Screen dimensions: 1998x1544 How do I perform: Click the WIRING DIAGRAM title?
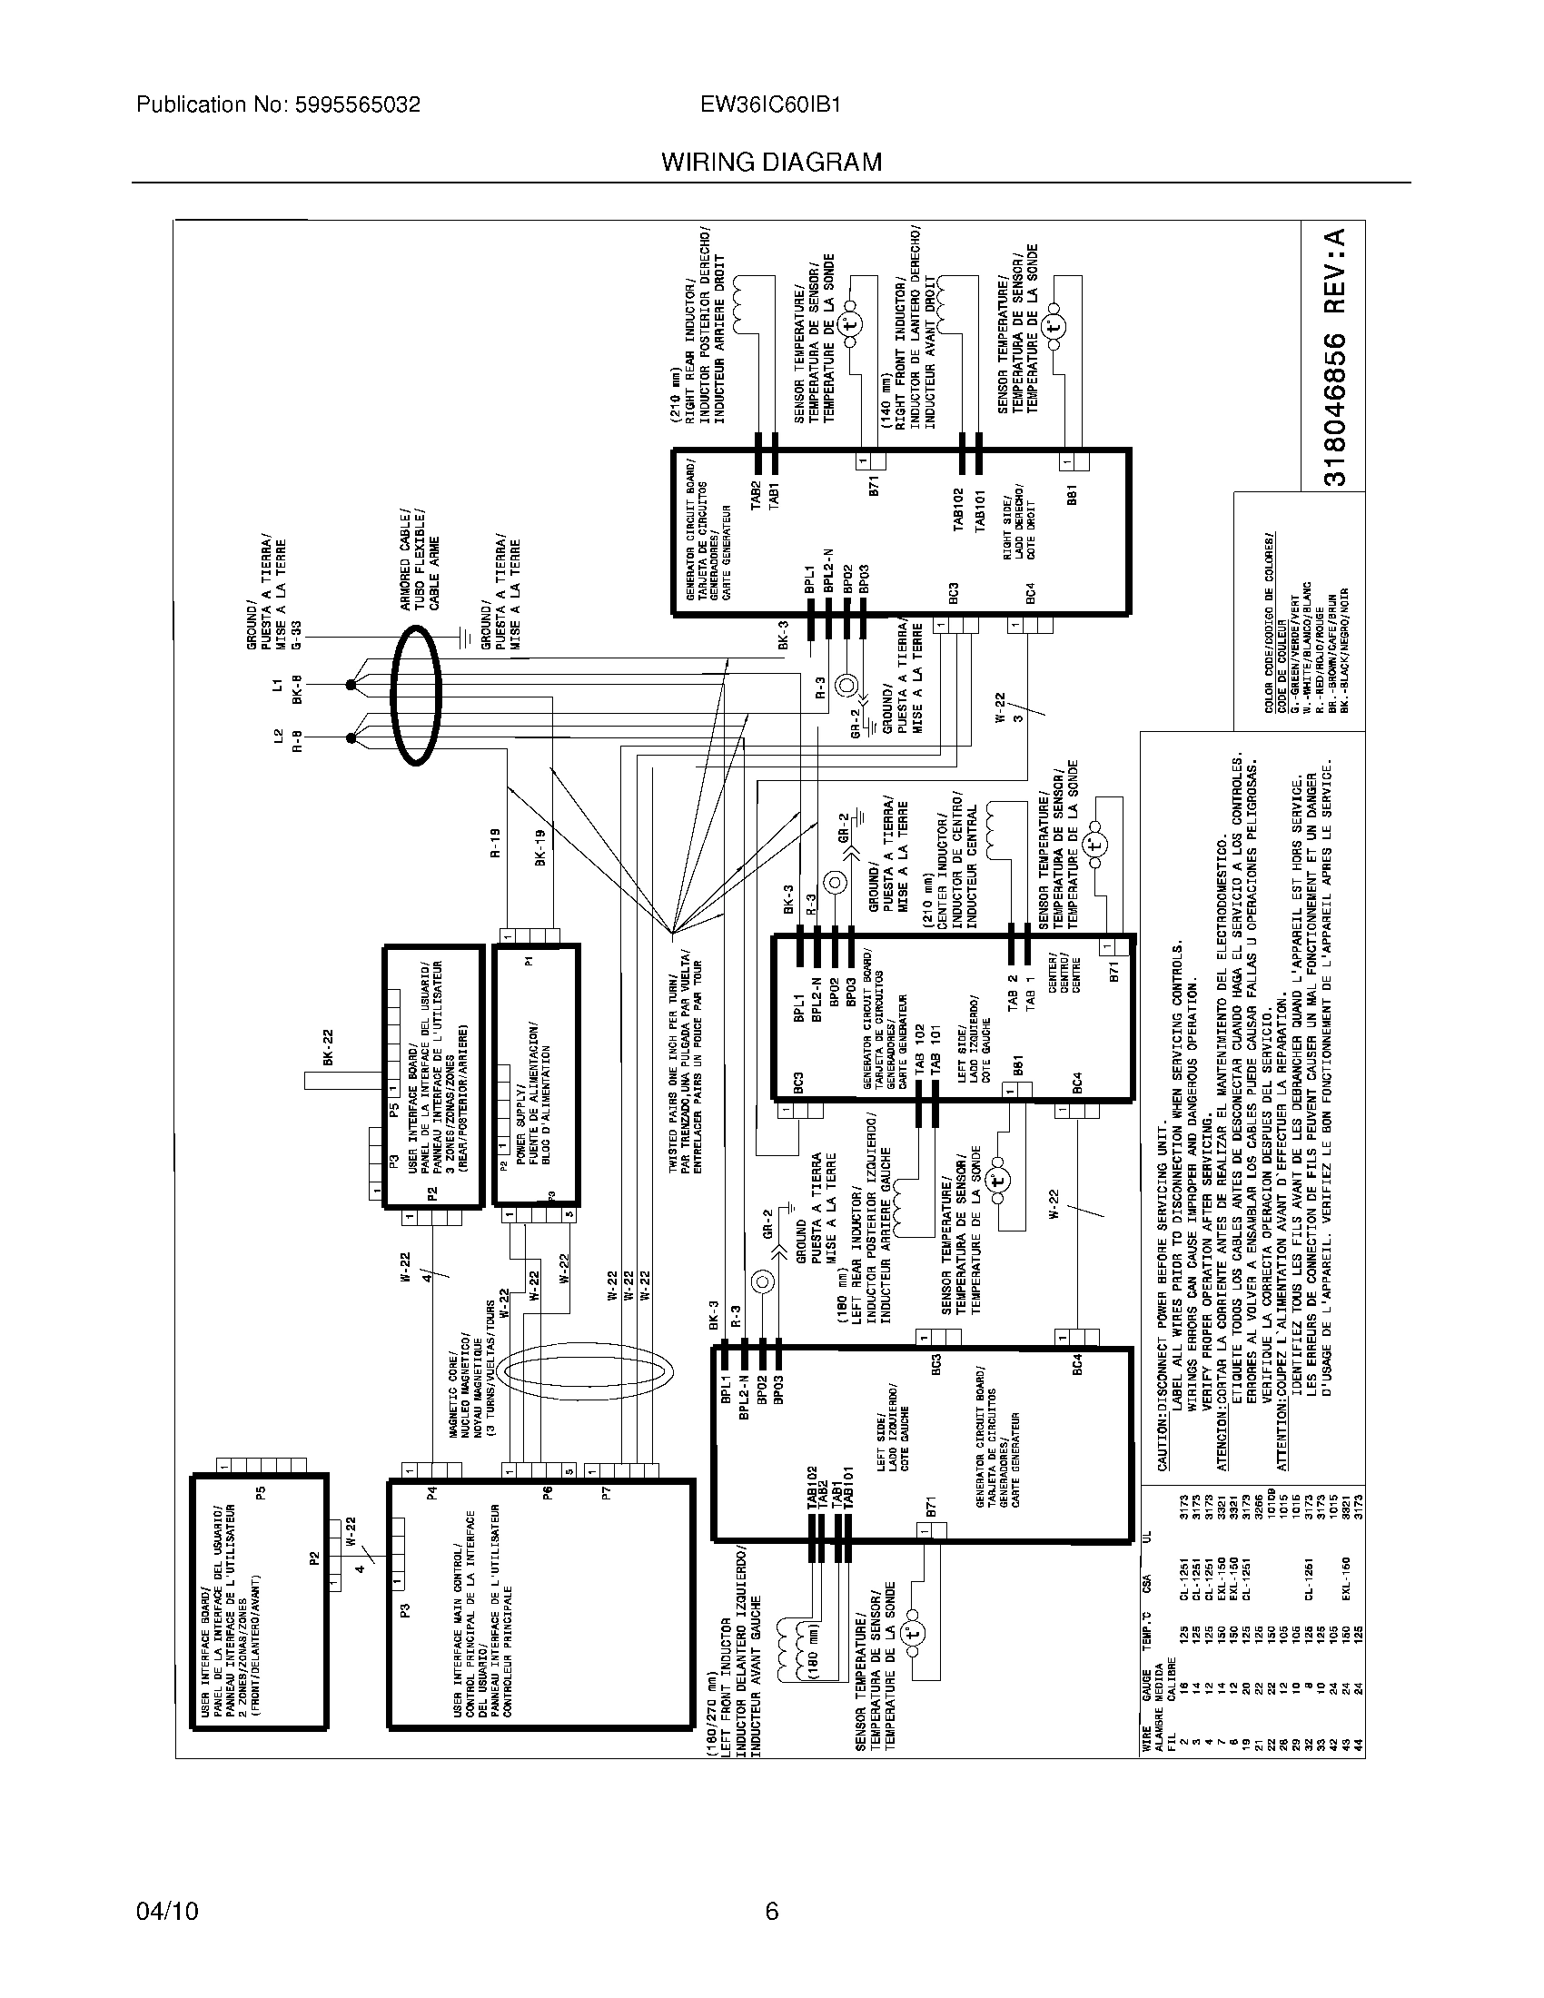tap(771, 162)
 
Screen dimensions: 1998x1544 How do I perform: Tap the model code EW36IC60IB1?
tap(770, 104)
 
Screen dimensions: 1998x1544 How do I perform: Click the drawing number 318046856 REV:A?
tap(1334, 357)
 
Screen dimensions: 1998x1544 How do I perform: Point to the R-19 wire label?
tap(495, 842)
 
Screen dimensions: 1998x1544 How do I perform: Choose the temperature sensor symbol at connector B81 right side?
tap(1054, 326)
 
